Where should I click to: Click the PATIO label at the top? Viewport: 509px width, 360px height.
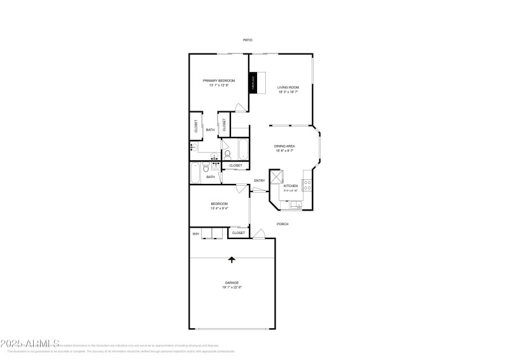point(248,40)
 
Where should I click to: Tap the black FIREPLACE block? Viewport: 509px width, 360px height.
point(253,84)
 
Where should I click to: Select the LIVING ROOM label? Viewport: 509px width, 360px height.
point(288,87)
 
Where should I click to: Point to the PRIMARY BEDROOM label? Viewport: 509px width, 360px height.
point(219,81)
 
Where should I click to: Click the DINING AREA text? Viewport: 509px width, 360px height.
point(284,146)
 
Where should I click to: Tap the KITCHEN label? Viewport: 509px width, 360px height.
point(291,186)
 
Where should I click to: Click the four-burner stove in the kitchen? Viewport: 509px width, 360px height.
point(307,185)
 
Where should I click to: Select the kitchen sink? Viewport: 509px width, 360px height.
point(295,205)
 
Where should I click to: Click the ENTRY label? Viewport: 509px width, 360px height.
point(260,181)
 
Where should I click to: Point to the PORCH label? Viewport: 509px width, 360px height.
point(282,224)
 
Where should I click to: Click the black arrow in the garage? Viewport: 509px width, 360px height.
point(232,259)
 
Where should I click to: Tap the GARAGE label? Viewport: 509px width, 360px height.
point(232,282)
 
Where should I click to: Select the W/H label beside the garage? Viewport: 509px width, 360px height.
point(196,234)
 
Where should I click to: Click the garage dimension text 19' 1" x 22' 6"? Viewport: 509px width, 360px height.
point(232,287)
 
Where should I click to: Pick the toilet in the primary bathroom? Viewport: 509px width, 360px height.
point(227,154)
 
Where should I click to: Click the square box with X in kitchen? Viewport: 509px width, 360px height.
point(276,177)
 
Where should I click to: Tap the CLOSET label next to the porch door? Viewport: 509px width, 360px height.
point(239,233)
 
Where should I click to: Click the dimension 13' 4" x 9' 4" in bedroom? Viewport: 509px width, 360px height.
point(219,209)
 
